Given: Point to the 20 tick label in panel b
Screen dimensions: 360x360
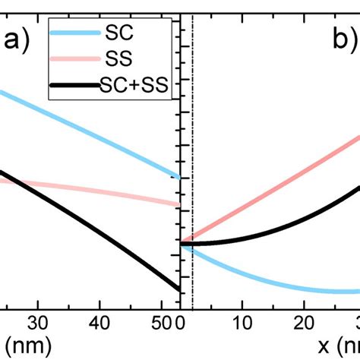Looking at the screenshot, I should click(x=304, y=321).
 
